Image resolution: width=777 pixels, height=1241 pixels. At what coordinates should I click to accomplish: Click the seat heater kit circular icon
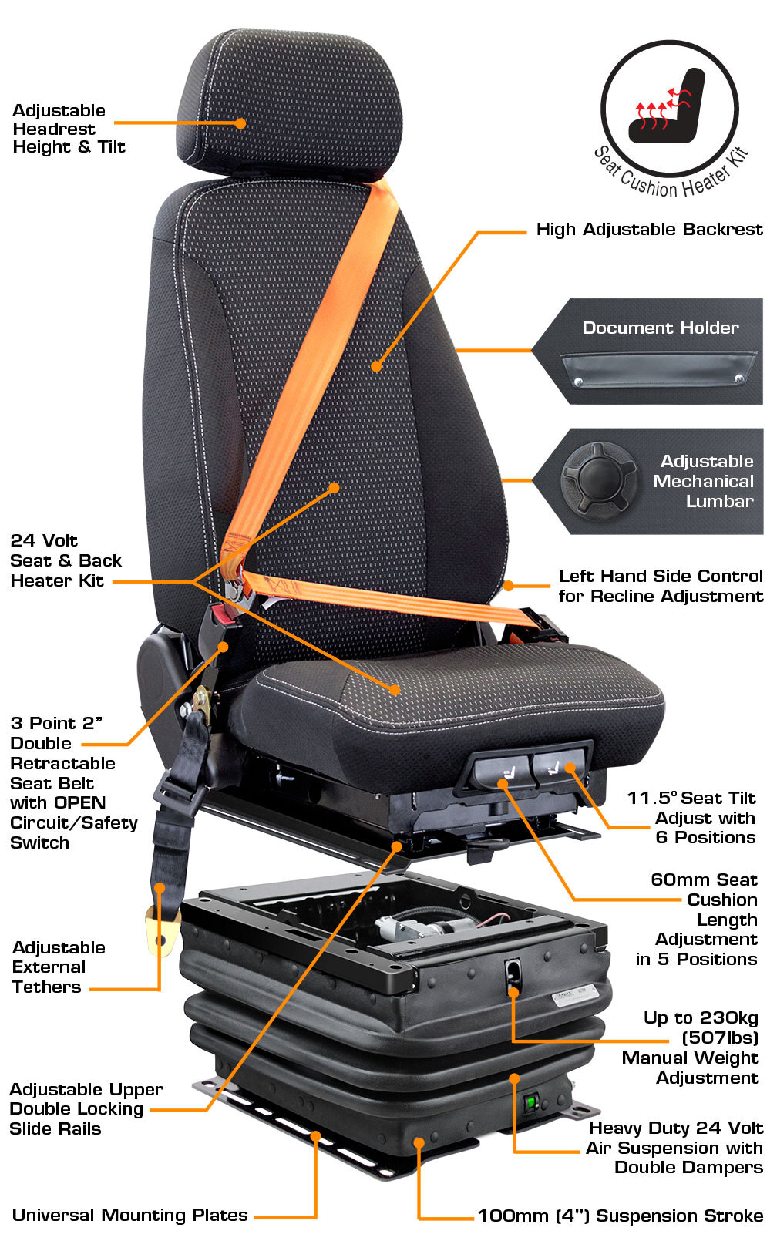pos(669,109)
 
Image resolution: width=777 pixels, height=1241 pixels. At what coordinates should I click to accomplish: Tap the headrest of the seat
pos(290,105)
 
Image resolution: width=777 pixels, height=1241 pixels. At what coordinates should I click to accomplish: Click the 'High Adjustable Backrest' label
pos(649,230)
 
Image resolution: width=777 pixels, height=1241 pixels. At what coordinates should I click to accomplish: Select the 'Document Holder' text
pos(660,328)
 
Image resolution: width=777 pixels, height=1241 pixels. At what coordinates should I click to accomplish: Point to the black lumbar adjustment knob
pos(598,481)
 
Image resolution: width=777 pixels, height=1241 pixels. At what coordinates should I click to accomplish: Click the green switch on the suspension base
pos(530,1101)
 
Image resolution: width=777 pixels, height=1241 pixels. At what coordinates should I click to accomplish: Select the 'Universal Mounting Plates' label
pos(129,1216)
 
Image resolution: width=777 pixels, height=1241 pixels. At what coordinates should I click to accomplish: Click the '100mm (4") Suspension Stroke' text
pos(620,1216)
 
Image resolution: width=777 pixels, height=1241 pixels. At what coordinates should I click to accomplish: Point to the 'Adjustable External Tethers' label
pos(59,967)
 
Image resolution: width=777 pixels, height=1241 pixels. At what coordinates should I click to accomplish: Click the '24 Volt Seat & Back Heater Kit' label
pos(66,561)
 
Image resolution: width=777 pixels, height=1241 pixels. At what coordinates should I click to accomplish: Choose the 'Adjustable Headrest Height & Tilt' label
pos(69,129)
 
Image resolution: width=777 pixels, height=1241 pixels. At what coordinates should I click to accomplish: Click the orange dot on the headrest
pos(240,123)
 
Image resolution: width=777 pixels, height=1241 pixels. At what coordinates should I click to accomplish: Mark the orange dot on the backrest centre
pos(376,366)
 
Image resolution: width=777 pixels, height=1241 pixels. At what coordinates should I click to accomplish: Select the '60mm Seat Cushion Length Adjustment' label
pos(696,920)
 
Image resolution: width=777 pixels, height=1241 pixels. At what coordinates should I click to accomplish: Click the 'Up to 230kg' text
pos(701,1018)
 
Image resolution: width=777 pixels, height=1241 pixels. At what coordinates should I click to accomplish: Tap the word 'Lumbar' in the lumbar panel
pos(719,501)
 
